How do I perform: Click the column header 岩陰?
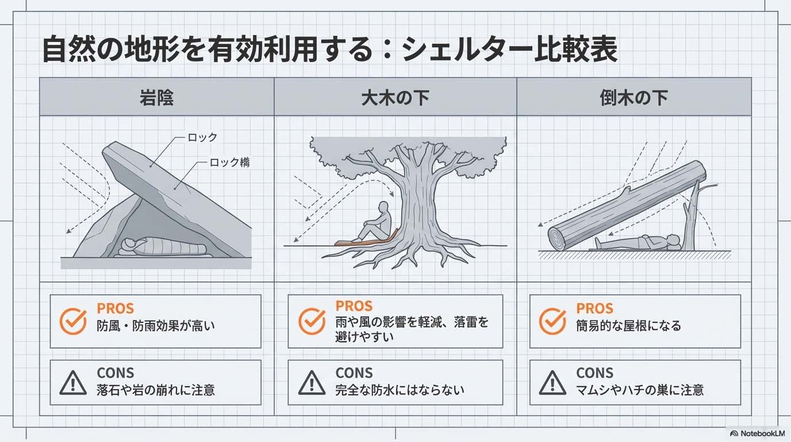[x=156, y=98]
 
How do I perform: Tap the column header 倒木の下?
[x=633, y=98]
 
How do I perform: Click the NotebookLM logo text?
[x=758, y=433]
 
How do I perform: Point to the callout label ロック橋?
[x=229, y=163]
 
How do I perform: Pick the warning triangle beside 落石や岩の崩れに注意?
[x=73, y=382]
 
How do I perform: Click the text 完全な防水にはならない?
[x=400, y=390]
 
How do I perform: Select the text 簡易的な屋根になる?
[x=628, y=326]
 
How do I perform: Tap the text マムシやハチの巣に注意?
[x=639, y=390]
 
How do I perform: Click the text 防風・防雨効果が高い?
[x=156, y=326]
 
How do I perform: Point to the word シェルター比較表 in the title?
[x=509, y=51]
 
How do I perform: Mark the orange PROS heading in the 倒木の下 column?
[x=594, y=308]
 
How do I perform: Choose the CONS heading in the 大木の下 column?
[x=354, y=373]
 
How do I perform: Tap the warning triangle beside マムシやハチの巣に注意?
[x=552, y=382]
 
